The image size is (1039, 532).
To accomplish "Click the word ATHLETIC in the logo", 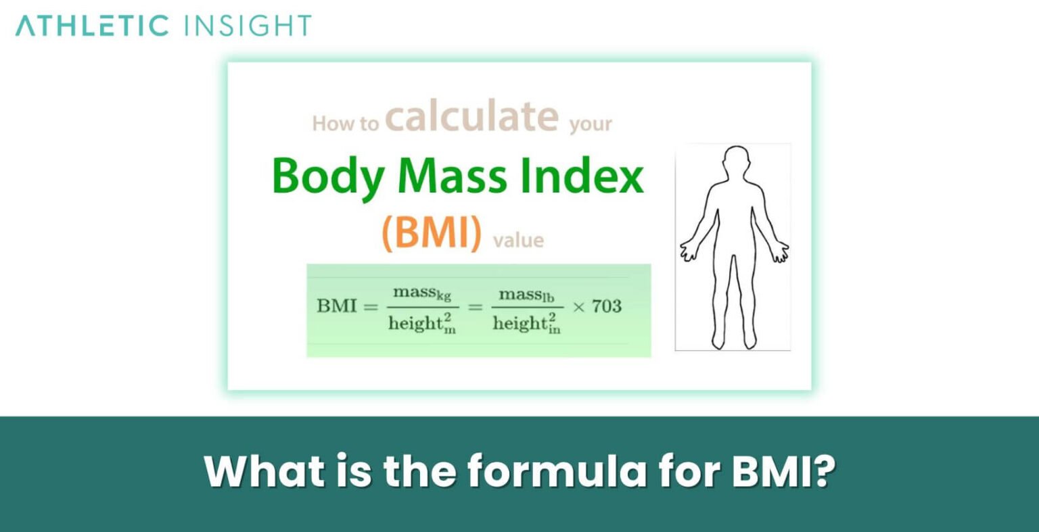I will (x=92, y=26).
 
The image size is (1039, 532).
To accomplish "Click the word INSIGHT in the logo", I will (x=248, y=26).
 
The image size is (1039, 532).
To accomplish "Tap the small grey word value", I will (x=518, y=240).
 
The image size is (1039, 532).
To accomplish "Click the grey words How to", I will (x=345, y=124).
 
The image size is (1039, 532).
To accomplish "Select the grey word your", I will (x=591, y=124).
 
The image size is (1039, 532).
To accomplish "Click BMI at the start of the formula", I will (x=336, y=306).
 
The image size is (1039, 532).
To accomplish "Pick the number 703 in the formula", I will (x=606, y=306).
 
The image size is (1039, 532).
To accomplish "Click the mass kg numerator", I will (x=419, y=294).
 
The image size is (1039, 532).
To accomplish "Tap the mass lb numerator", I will (x=526, y=294).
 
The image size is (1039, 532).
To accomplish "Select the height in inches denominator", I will (x=526, y=324).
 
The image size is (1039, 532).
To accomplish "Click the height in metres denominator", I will (x=419, y=324).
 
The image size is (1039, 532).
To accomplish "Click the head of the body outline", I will (x=735, y=163).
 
